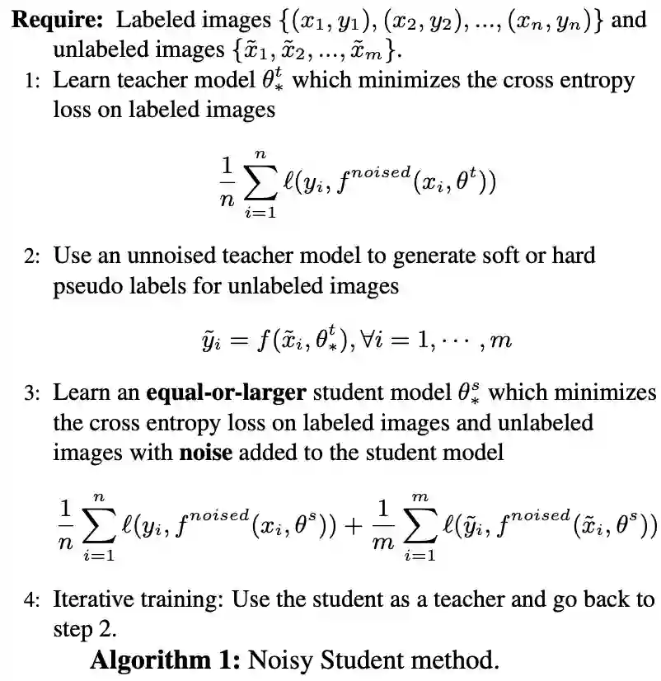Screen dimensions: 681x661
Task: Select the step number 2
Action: pos(30,256)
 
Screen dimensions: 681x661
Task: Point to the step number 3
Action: pos(30,393)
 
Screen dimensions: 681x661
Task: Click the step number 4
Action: pos(30,599)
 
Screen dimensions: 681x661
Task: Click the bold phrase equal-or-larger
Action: pos(225,393)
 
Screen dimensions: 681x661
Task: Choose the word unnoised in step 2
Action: pos(136,256)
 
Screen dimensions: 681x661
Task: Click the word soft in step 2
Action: pos(498,256)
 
